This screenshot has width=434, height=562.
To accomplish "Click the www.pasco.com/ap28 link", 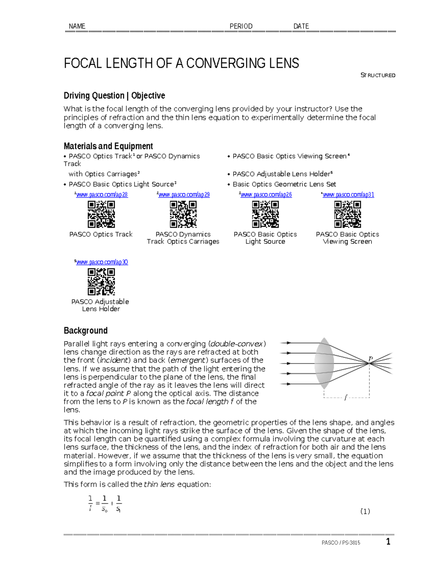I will coord(102,195).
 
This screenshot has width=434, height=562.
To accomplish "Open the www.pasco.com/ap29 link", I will coord(184,195).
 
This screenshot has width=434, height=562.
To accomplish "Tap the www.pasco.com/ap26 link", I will coord(266,195).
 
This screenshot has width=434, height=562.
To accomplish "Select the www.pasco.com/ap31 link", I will coord(348,195).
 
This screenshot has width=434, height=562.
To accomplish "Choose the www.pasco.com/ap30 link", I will coord(102,262).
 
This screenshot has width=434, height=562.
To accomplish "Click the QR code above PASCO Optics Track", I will coord(101,214).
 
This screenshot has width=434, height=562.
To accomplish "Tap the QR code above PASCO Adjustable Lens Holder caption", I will coord(101,282).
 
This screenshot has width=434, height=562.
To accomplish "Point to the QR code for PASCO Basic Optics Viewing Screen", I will coord(348,214).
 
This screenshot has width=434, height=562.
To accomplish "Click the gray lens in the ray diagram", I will coord(324,363).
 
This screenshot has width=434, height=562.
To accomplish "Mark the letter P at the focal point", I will coord(370,359).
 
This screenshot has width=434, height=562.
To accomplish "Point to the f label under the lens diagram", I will coord(346,398).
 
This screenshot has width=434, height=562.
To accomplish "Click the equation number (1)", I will coord(365,511).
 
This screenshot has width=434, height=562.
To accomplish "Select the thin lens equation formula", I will coord(105,504).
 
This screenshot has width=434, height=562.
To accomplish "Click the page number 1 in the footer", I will coord(388,542).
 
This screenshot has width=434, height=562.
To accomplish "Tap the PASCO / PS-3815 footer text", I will coord(341,543).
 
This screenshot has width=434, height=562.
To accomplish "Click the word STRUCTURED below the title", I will coord(378,75).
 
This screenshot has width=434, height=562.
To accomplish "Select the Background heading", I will coord(86,330).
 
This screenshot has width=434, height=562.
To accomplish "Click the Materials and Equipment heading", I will coord(108,146).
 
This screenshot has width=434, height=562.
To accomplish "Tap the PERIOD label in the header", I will coord(241,26).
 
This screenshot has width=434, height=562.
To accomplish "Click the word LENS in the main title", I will coord(284,63).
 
